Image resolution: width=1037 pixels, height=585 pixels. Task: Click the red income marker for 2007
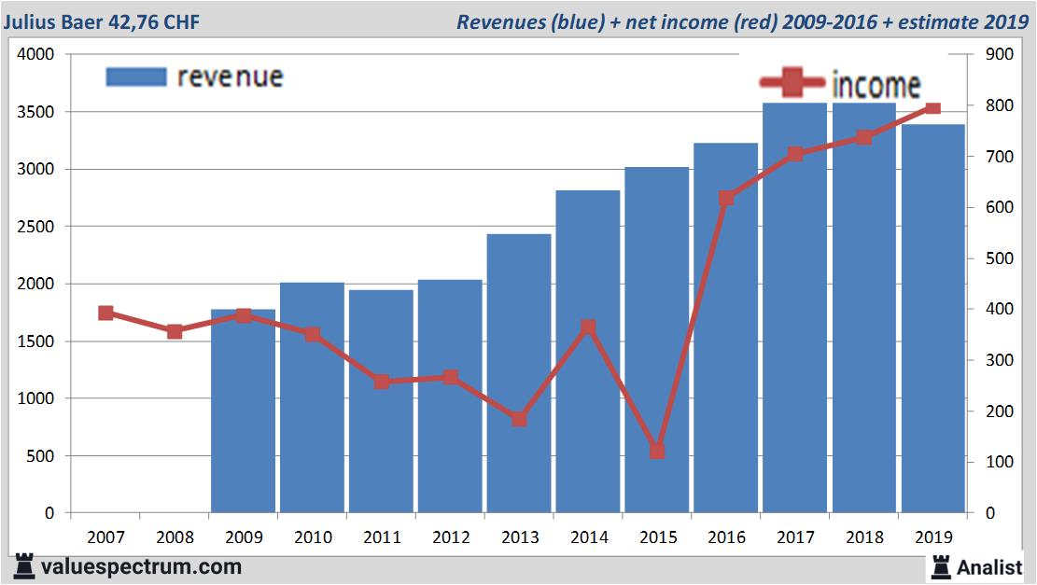click(x=105, y=313)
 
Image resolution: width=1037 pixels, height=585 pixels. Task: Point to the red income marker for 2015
click(x=657, y=452)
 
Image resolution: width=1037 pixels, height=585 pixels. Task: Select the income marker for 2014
click(x=588, y=327)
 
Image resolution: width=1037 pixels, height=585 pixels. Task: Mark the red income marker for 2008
click(x=175, y=331)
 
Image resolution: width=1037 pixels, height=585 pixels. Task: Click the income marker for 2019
click(x=932, y=108)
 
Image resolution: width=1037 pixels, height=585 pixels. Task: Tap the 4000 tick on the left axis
click(x=36, y=55)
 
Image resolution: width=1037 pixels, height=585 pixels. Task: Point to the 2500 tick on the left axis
click(x=36, y=227)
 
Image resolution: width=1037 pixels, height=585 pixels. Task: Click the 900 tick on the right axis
click(x=998, y=55)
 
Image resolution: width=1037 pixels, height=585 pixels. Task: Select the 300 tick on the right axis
click(x=998, y=360)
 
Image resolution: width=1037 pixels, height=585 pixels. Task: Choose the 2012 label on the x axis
click(x=450, y=537)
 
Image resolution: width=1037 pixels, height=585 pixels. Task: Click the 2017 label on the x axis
click(x=795, y=537)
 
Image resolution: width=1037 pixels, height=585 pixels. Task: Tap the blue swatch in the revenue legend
click(x=136, y=77)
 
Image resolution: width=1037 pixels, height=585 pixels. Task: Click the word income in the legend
click(x=876, y=85)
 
